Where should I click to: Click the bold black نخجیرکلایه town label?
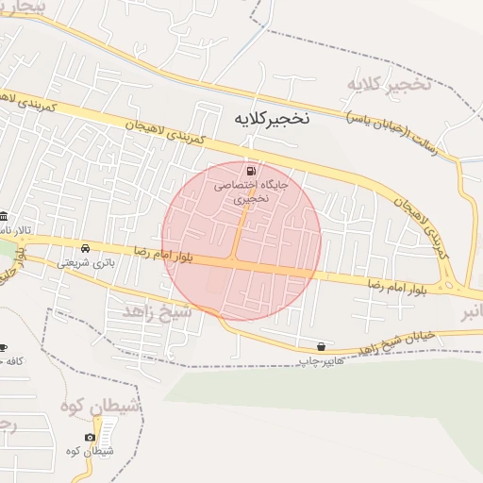click(x=270, y=120)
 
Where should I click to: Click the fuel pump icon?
click(x=251, y=171)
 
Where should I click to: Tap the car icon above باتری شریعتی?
click(x=86, y=248)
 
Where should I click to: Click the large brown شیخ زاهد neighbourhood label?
click(x=157, y=310)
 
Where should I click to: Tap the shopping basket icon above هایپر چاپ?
click(x=323, y=346)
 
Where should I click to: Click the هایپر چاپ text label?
click(x=318, y=360)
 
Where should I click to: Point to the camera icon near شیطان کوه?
click(x=90, y=438)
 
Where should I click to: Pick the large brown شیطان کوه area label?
click(x=100, y=406)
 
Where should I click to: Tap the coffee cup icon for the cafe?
click(x=3, y=347)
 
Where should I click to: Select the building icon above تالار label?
click(x=4, y=216)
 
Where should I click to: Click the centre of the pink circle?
click(x=241, y=241)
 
